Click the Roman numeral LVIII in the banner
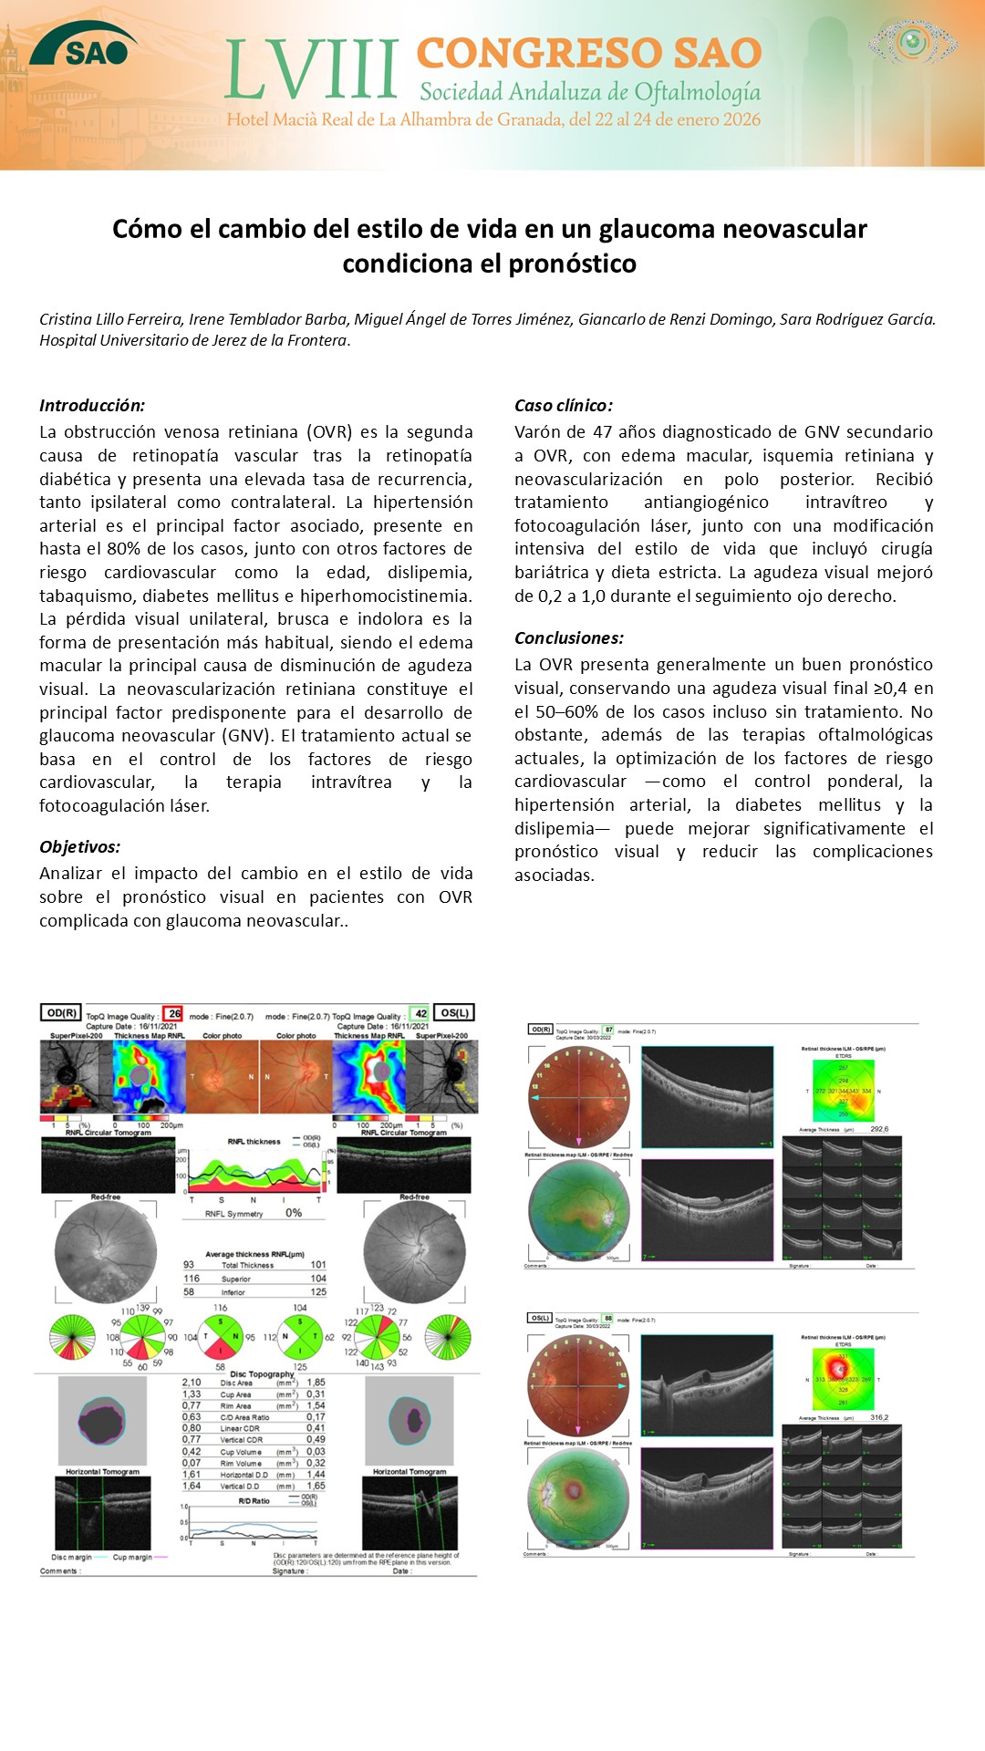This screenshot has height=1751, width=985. point(311,70)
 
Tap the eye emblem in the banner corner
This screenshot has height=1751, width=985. point(912,41)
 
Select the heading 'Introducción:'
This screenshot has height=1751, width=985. point(92,406)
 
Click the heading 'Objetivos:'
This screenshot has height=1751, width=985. point(80,847)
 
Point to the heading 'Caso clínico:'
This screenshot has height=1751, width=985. point(564,406)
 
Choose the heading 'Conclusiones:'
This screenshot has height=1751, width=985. point(569,638)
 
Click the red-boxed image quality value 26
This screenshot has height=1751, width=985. point(174,1013)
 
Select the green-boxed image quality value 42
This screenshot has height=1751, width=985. point(420,1013)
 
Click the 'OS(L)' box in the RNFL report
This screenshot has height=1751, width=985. point(454,1012)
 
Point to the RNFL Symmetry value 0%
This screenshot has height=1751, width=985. point(293,1213)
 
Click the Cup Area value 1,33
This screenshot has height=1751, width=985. point(192,1394)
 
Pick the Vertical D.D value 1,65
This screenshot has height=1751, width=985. point(316,1486)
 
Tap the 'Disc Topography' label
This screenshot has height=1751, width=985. point(262,1373)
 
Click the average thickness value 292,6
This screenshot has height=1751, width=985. point(879,1129)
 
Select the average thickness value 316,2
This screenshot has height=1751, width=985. point(879,1417)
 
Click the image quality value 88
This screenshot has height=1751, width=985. point(608,1319)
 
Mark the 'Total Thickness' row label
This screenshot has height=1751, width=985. point(247,1265)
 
